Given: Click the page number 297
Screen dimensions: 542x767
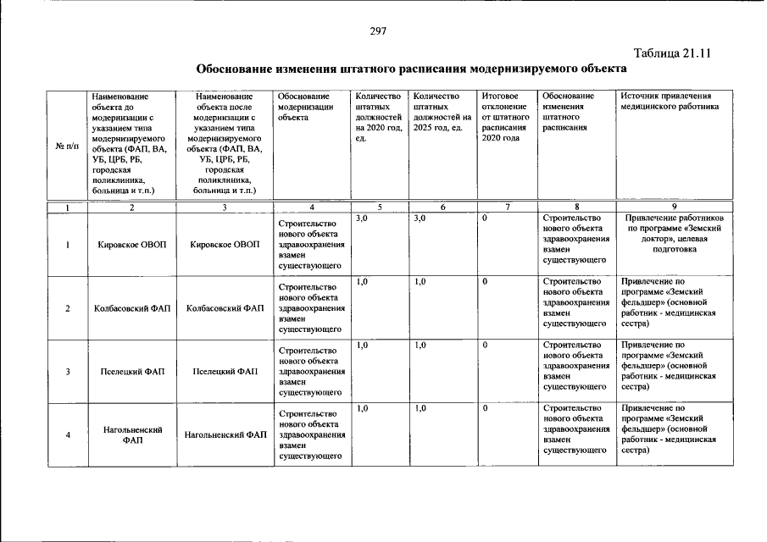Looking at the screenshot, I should point(378,31).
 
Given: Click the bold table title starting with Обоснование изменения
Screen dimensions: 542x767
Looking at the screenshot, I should point(412,69).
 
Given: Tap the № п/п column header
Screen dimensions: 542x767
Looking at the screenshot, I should point(66,145).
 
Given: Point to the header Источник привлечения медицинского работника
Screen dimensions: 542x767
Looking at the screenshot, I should point(670,102).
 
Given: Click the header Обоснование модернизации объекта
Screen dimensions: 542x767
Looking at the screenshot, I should point(303,108).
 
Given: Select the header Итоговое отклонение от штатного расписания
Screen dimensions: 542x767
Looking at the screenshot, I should point(505,118).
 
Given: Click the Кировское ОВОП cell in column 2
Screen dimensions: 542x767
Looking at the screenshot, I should point(131,245).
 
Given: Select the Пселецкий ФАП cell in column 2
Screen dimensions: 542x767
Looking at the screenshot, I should point(131,372).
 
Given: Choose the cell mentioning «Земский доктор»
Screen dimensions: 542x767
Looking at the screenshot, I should point(674,234).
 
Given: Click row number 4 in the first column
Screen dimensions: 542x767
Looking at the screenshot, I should point(66,435).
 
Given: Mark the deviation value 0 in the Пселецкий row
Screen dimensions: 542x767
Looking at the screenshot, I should point(485,346).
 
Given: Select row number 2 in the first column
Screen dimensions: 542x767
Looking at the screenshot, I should point(66,308).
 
